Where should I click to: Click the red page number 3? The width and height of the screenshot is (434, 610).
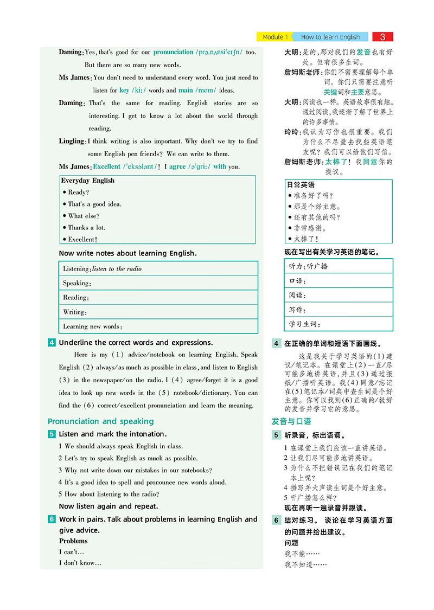point(383,37)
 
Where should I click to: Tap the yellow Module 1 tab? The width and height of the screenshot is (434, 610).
point(275,37)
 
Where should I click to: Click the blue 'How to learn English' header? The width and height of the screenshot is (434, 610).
point(330,37)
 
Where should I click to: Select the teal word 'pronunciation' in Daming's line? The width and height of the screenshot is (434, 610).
point(173,52)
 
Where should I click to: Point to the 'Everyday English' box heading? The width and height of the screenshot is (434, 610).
point(87,181)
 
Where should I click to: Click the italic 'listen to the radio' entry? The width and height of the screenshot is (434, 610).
point(117,268)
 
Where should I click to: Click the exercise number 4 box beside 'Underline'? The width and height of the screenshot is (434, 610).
point(52,342)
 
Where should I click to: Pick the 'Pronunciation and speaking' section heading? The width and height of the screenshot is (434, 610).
point(100,421)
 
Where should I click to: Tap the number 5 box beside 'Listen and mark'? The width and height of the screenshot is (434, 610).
point(52,434)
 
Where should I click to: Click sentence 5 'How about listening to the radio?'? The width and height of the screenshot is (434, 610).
point(111,494)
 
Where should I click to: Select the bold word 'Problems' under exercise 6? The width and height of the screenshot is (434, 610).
point(73,541)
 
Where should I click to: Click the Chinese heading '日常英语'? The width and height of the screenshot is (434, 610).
point(301,184)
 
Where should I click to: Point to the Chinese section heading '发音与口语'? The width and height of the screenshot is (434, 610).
point(291,421)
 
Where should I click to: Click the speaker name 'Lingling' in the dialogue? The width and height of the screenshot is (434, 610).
point(72,142)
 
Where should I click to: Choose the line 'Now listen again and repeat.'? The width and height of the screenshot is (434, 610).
point(108,506)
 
